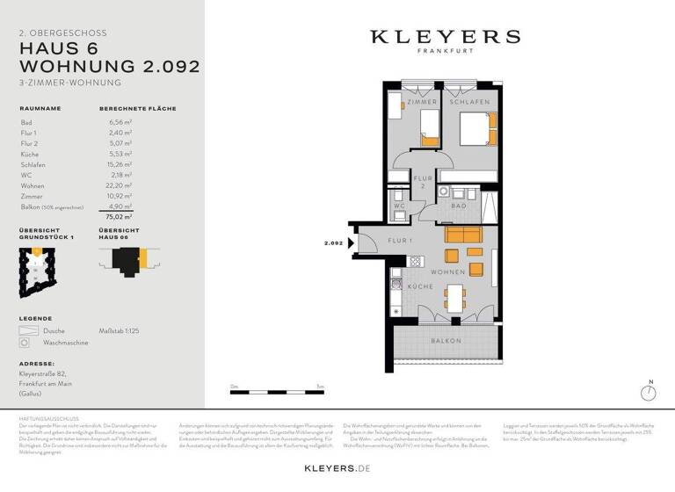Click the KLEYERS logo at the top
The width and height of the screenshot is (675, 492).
pos(445,37)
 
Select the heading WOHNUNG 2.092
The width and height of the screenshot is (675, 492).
pos(110,66)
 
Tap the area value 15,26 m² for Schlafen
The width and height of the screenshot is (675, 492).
pos(120,164)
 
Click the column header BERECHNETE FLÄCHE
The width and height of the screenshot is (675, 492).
pos(137,109)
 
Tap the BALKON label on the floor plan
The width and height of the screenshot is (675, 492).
pos(446,340)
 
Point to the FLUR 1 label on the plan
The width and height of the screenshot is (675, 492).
pos(401,240)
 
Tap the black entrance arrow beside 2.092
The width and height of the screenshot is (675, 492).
pos(351,245)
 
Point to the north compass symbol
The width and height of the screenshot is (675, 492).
pos(650,392)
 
